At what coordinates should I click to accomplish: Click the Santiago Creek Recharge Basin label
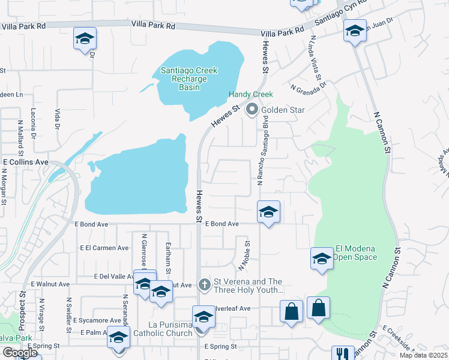188,79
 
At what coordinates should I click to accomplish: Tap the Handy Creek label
250,95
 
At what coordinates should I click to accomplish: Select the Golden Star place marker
252,110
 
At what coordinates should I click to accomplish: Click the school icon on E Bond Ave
268,212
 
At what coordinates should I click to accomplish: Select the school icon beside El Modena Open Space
322,259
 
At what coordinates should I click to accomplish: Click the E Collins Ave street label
25,162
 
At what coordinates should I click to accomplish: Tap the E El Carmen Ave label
104,248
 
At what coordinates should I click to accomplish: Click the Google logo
20,353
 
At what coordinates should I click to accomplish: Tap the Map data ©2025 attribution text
423,355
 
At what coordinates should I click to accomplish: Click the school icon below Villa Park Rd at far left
85,38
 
